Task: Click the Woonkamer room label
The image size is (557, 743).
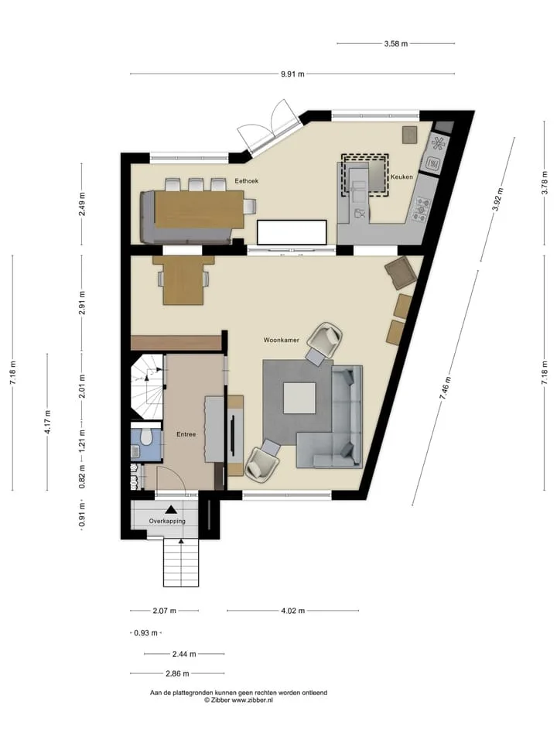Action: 282,340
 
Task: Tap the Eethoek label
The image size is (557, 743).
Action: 247,180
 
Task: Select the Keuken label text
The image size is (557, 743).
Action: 402,176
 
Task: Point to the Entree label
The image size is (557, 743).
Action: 186,434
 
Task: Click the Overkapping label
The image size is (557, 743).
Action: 167,521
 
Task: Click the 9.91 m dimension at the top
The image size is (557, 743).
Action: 292,74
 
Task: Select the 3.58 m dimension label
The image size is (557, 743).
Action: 396,43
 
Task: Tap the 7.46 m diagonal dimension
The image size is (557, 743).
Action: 446,389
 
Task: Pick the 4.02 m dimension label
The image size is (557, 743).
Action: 292,611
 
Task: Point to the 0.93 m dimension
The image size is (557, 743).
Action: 146,633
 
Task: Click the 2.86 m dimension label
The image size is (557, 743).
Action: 177,673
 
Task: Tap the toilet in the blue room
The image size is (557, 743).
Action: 146,437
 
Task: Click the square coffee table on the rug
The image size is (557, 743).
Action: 299,398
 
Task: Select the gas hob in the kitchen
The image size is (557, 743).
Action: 421,209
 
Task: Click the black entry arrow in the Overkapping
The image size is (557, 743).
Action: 171,510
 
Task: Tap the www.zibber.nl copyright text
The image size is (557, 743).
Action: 239,700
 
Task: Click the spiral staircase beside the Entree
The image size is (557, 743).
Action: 147,387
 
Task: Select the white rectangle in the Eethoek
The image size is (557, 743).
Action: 292,233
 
